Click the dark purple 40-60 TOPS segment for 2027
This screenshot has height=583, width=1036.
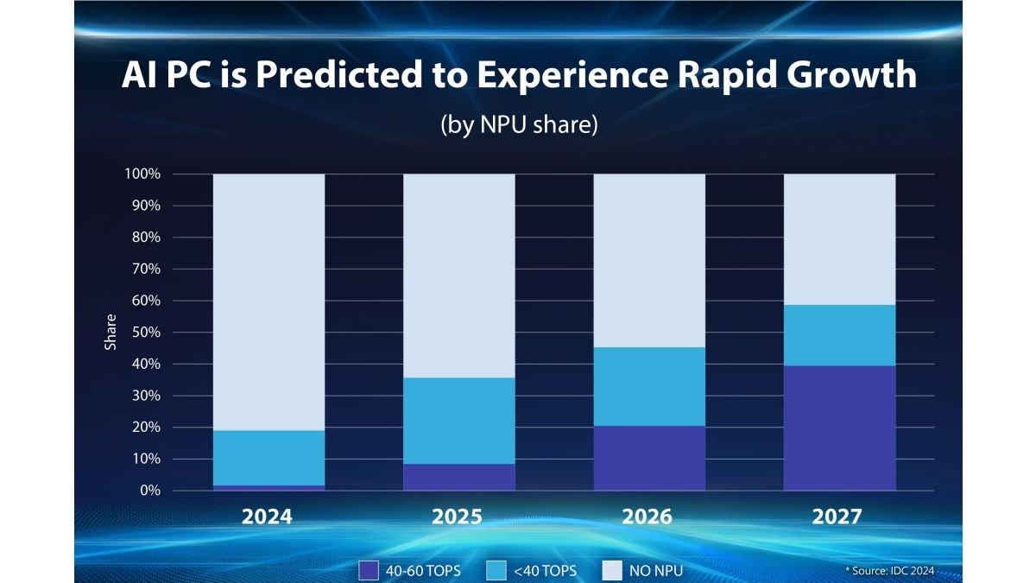(839, 428)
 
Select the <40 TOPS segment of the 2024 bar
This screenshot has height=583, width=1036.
(268, 458)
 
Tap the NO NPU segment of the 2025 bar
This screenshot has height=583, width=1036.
(458, 276)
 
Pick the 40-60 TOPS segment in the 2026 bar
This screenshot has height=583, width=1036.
(649, 458)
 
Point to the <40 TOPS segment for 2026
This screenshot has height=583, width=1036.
(649, 386)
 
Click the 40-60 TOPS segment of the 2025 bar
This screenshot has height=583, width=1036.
(458, 477)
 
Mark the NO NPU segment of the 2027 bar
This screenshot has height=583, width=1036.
(839, 239)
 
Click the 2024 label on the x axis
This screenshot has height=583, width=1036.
(267, 516)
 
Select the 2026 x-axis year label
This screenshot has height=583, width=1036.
(647, 516)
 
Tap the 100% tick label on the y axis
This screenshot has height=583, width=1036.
(142, 174)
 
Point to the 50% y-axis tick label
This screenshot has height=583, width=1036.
(146, 333)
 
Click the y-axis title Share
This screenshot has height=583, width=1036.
(111, 333)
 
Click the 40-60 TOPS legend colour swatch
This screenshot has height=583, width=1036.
(369, 570)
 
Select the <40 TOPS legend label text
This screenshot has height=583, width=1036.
(545, 570)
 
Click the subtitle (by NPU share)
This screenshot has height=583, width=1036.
(519, 124)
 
